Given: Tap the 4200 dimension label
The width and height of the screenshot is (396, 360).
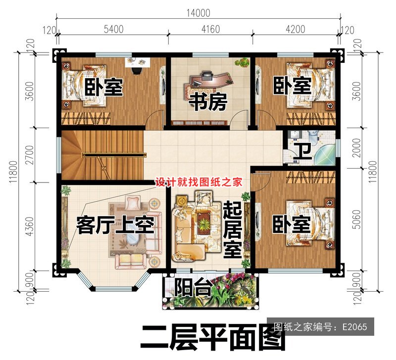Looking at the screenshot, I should [x=296, y=29].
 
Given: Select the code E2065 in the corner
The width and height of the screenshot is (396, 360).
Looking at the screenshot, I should [x=354, y=326].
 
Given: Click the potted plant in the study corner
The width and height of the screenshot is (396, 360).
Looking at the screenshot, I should [x=243, y=63].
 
